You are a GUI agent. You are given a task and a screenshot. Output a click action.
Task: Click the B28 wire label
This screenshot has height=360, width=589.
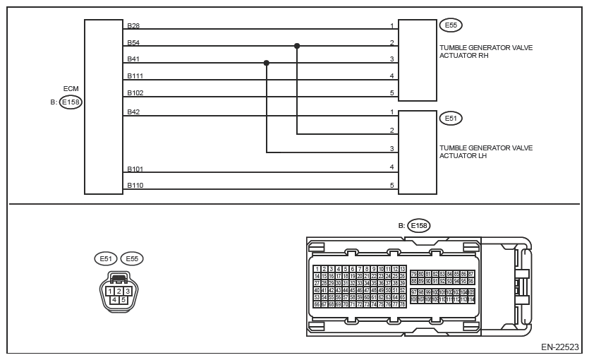click(133, 25)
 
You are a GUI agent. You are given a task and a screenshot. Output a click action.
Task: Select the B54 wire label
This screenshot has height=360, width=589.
click(133, 42)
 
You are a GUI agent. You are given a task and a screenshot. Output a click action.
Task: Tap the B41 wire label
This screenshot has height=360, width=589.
click(133, 59)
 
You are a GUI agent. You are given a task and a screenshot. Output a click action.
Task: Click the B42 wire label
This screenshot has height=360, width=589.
click(133, 111)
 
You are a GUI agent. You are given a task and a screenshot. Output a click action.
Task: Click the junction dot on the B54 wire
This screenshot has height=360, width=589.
click(297, 46)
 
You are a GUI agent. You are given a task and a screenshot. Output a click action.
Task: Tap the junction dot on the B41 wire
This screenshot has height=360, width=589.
click(267, 63)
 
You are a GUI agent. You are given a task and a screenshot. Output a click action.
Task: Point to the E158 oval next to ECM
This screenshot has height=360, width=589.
click(71, 102)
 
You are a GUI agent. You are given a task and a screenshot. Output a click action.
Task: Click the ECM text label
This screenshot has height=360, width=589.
click(71, 88)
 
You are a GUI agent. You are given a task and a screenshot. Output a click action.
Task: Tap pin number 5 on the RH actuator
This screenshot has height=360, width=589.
click(392, 92)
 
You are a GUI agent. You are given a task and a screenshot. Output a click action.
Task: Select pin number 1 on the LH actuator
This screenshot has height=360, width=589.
click(392, 112)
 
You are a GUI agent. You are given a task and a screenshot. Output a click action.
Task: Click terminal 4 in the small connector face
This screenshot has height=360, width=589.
click(114, 299)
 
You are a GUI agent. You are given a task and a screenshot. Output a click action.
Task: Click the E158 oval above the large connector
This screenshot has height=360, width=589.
click(418, 226)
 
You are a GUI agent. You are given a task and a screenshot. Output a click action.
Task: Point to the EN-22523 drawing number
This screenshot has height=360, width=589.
click(560, 347)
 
